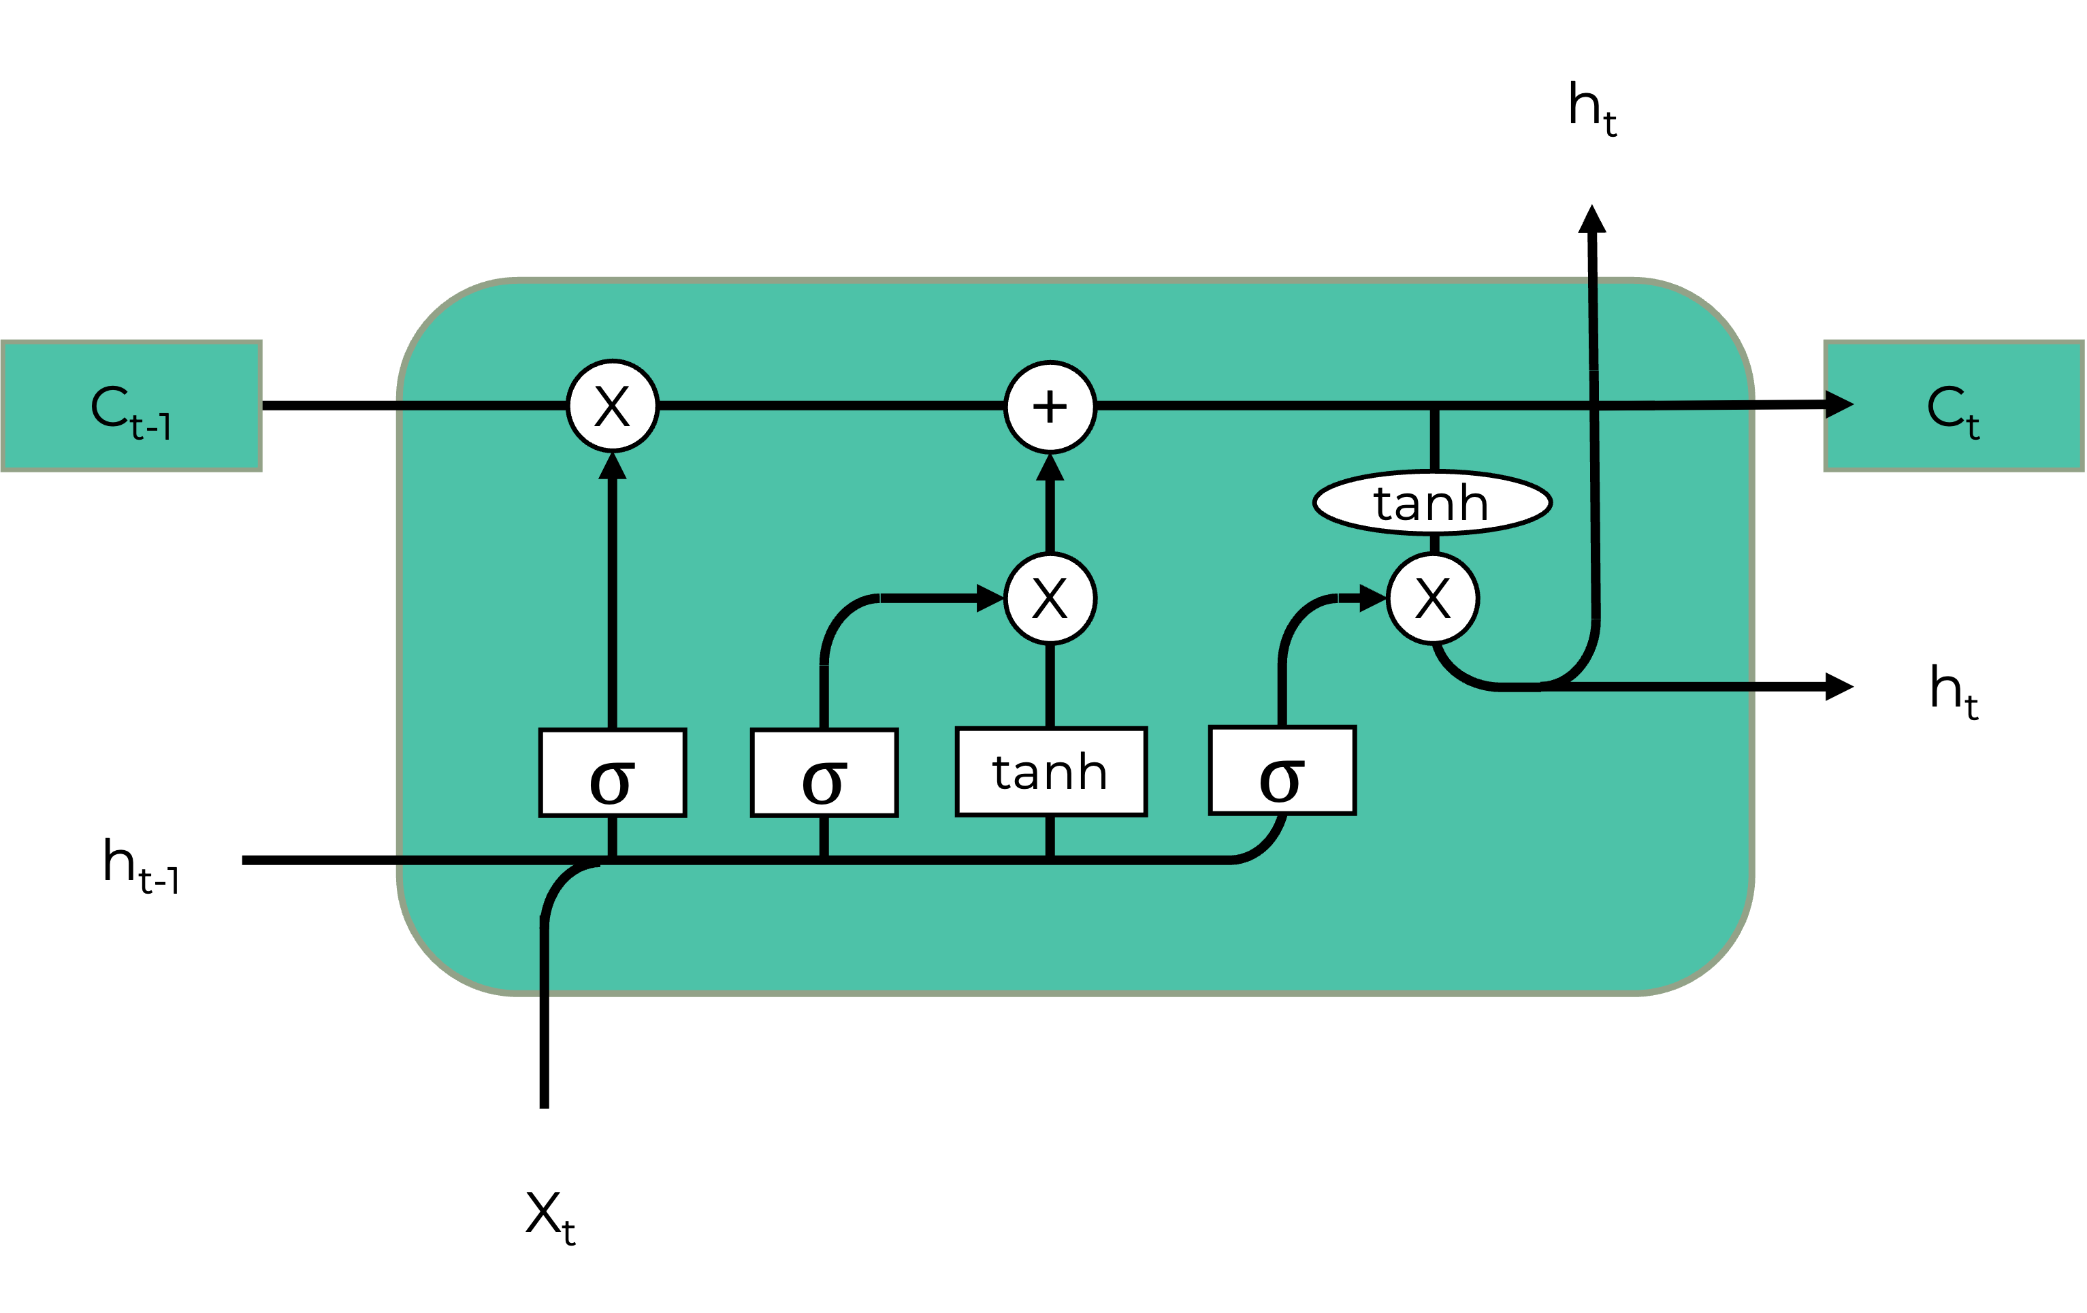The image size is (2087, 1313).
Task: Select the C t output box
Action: point(1954,406)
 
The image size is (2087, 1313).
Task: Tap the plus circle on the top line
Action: point(1050,406)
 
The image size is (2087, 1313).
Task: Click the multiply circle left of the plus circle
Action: point(613,406)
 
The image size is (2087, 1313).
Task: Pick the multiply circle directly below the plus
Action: point(1050,598)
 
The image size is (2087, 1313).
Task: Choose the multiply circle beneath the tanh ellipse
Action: point(1433,598)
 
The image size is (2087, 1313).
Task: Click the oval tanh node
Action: point(1431,502)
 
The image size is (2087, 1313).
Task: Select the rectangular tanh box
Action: point(1050,771)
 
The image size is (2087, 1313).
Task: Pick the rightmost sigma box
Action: point(1282,771)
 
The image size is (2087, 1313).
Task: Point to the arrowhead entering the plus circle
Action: point(1050,468)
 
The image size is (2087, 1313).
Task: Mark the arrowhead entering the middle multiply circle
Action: point(989,598)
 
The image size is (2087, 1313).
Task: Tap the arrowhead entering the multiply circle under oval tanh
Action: point(1373,598)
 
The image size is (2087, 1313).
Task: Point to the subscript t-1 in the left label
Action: point(151,426)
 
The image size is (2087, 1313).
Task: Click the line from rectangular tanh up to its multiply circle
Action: point(1050,685)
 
